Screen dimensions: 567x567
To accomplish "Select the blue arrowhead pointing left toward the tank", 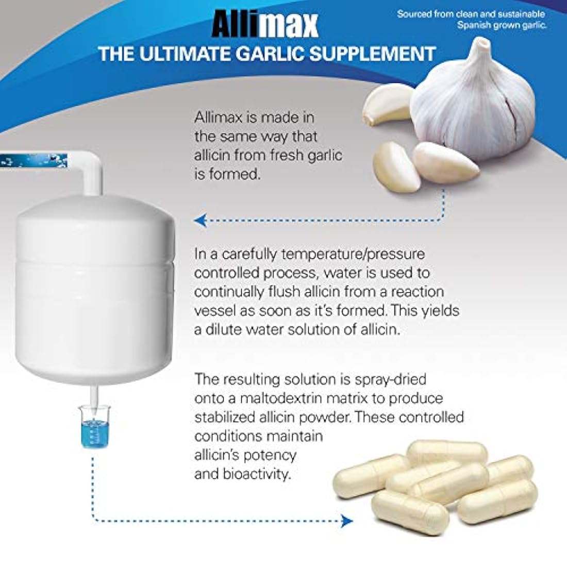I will coord(200,221).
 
